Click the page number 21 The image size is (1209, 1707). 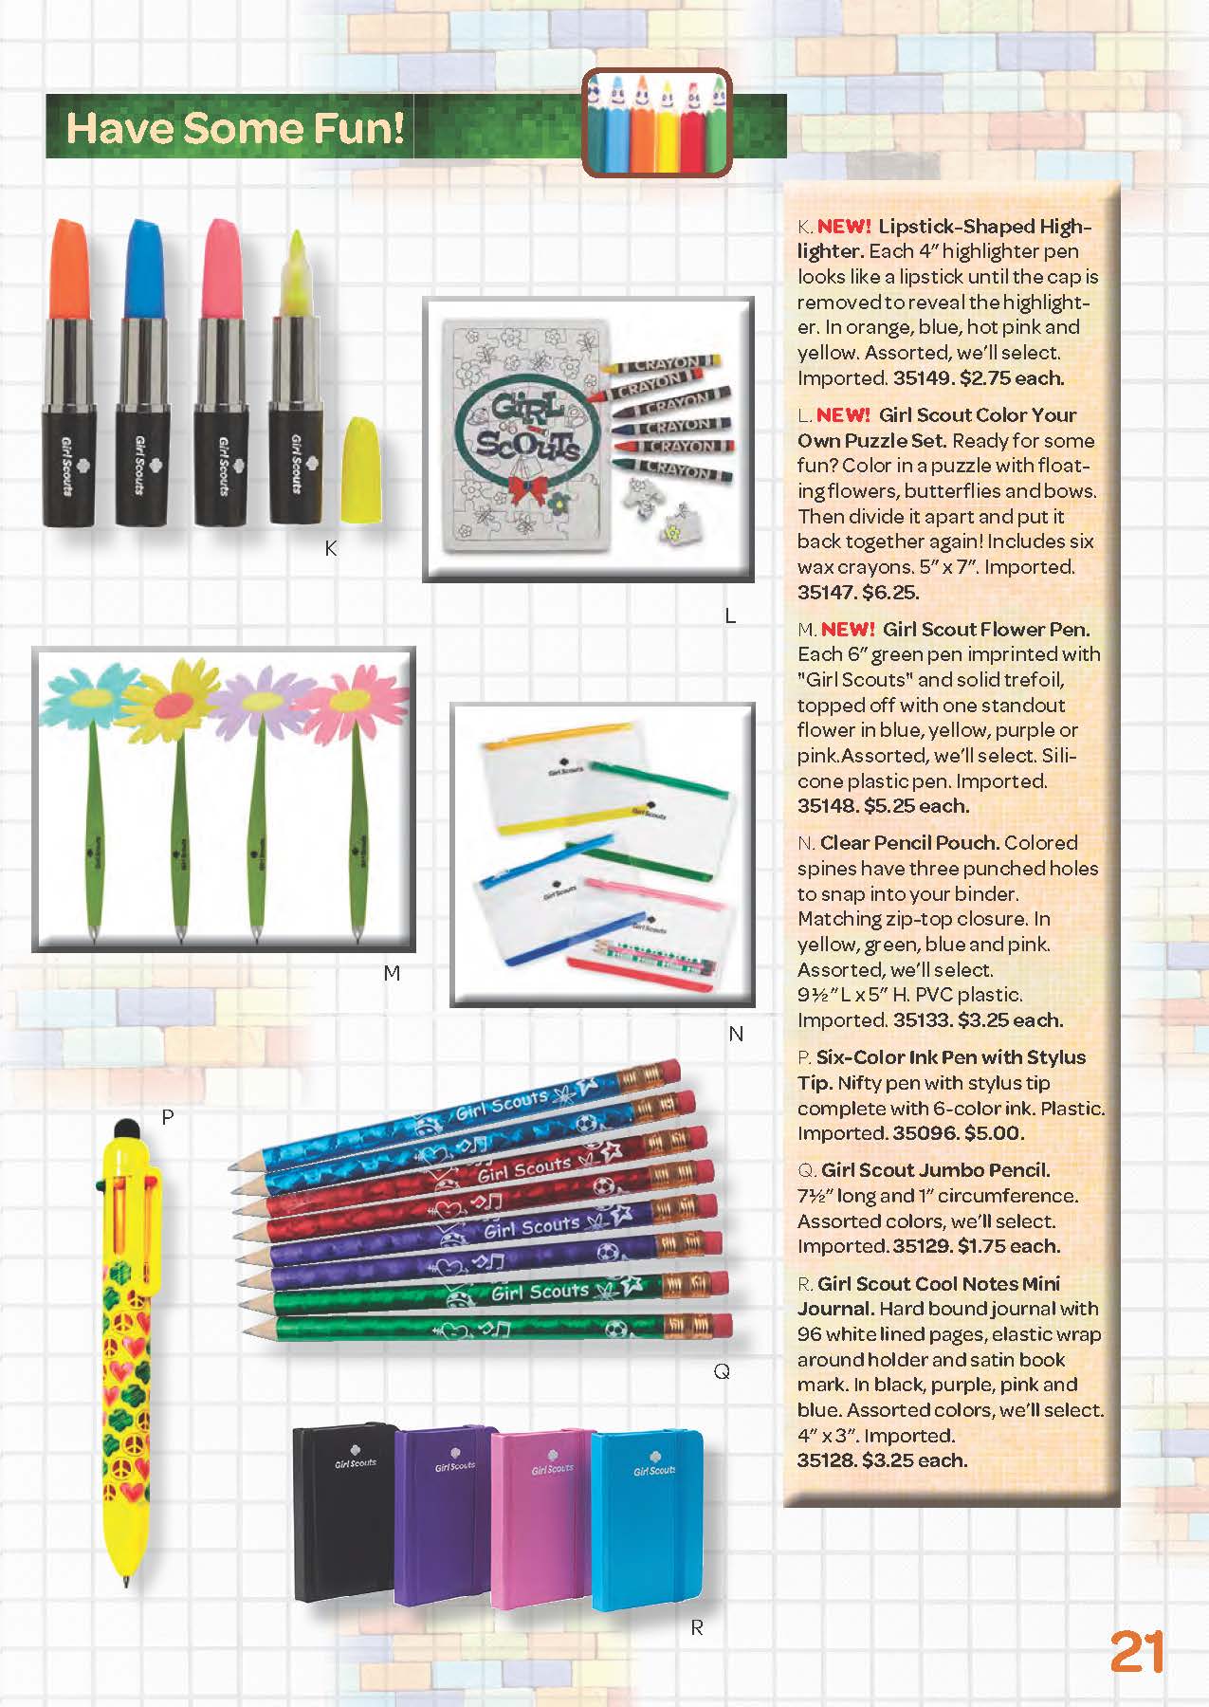(x=1136, y=1652)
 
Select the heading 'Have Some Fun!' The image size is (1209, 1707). (x=235, y=128)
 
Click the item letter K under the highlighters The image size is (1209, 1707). (x=330, y=548)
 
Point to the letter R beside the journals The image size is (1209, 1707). (x=697, y=1627)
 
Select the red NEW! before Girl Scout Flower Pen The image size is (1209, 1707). (x=848, y=630)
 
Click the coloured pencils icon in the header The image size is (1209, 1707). (x=656, y=122)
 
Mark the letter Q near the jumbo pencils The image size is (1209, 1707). (x=722, y=1371)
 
